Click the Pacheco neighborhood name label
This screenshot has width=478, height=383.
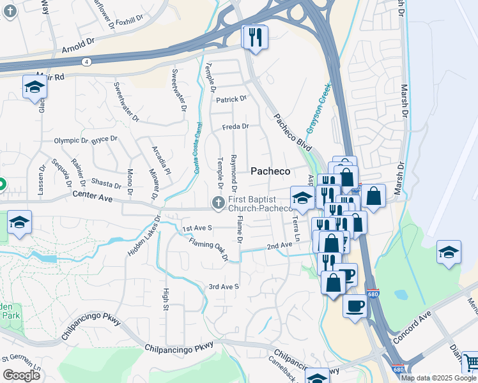point(270,171)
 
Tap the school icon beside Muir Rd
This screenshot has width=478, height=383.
point(34,87)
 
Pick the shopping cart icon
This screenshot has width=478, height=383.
point(470,362)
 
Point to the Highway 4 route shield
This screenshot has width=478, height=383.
point(85,61)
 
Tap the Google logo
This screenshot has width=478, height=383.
point(22,375)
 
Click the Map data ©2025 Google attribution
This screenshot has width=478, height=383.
point(438,378)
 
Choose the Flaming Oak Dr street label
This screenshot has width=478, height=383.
point(208,249)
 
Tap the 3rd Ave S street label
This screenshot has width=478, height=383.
point(224,287)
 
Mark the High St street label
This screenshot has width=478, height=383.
point(166,299)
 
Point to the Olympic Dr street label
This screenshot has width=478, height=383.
point(71,140)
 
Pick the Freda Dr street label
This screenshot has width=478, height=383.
point(235,126)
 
